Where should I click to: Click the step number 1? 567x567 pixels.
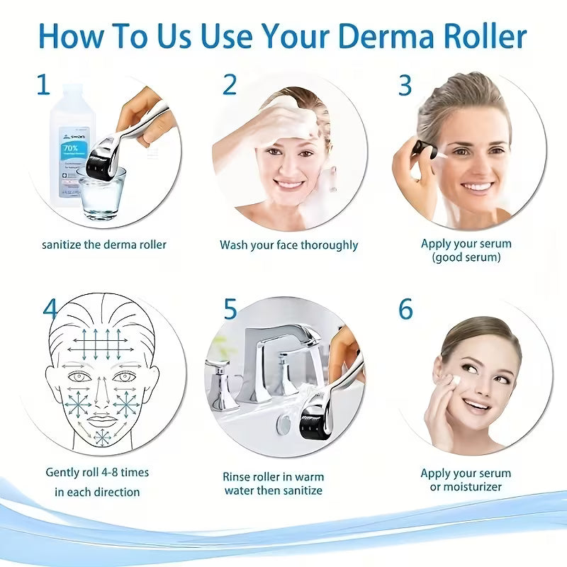(x=44, y=85)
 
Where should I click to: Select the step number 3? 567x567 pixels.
(x=405, y=85)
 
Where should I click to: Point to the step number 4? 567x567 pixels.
(x=50, y=309)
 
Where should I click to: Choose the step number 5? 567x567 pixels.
(x=230, y=309)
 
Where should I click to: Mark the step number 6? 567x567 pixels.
(x=405, y=309)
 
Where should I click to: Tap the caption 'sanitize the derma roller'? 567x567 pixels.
(x=104, y=245)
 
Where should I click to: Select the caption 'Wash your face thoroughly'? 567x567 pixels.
(x=288, y=245)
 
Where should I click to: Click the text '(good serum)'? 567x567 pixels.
(x=466, y=257)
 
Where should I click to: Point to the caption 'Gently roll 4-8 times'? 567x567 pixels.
(x=97, y=472)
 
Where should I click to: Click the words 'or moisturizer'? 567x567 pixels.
(x=466, y=487)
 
